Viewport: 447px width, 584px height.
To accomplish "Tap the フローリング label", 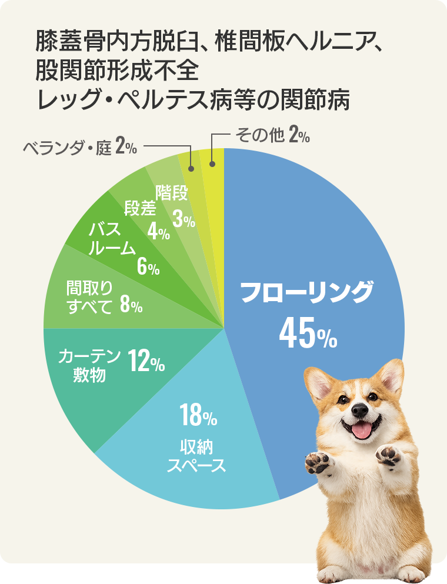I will pos(307,292).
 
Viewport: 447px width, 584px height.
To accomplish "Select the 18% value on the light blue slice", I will pos(199,416).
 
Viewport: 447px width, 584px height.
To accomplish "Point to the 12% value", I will pos(146,363).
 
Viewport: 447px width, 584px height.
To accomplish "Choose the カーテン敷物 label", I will pos(89,365).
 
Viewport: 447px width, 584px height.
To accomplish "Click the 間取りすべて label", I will pos(89,296).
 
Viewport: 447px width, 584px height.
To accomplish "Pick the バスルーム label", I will pos(111,239).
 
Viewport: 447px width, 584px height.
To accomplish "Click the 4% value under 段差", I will pos(159,232).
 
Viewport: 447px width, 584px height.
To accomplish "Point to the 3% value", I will pos(184,219).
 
